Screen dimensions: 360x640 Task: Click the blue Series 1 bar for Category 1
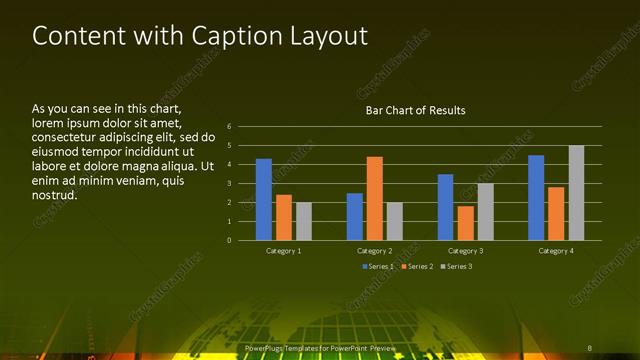click(x=264, y=199)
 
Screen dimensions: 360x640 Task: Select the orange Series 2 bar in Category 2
click(x=375, y=198)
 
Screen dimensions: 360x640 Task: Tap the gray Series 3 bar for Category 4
click(x=576, y=192)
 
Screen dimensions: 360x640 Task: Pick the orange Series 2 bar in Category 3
click(x=466, y=222)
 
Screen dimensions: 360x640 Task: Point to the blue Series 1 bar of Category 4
click(x=536, y=197)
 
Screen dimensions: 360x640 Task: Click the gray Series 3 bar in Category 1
click(x=304, y=221)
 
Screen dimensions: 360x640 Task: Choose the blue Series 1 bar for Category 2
click(x=355, y=216)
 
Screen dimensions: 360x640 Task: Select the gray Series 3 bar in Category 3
click(x=486, y=211)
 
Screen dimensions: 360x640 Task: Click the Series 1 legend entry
click(x=378, y=266)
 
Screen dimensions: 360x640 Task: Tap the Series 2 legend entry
click(x=418, y=266)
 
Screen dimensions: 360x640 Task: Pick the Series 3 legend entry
click(x=458, y=266)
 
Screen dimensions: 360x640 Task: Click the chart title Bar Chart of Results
click(x=415, y=110)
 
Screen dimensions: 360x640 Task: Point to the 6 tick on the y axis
click(x=229, y=127)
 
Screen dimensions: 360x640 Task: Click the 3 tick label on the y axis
click(x=229, y=184)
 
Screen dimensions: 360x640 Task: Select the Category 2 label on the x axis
click(x=374, y=251)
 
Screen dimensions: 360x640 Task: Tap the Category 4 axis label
click(x=555, y=251)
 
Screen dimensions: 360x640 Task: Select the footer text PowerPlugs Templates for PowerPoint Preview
click(x=320, y=347)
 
